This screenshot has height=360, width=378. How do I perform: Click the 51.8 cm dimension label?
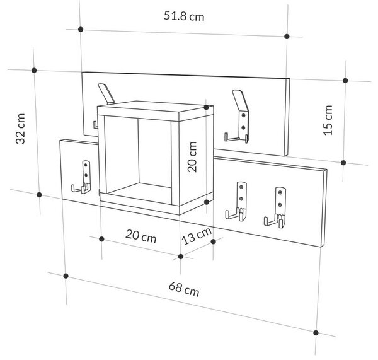pyautogui.click(x=184, y=16)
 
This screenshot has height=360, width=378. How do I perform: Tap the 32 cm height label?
pyautogui.click(x=20, y=129)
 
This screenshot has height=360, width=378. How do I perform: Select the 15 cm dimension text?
pyautogui.click(x=328, y=120)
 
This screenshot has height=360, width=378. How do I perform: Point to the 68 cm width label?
pyautogui.click(x=184, y=289)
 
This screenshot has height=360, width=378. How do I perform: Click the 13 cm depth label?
pyautogui.click(x=197, y=236)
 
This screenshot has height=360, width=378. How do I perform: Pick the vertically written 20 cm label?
pyautogui.click(x=192, y=157)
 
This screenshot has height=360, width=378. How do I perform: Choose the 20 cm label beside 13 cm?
pyautogui.click(x=140, y=236)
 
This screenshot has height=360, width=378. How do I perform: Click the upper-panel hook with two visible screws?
pyautogui.click(x=238, y=117)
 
